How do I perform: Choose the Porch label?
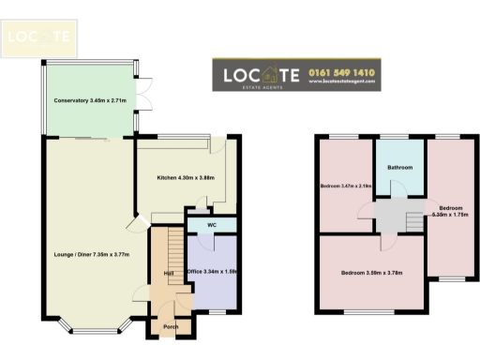click(x=171, y=327)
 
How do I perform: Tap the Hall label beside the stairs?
click(x=170, y=273)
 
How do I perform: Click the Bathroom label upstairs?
click(x=401, y=169)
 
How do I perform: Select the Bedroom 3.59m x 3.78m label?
click(x=371, y=273)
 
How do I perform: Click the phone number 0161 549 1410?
click(x=340, y=71)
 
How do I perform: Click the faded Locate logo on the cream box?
click(x=38, y=37)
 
